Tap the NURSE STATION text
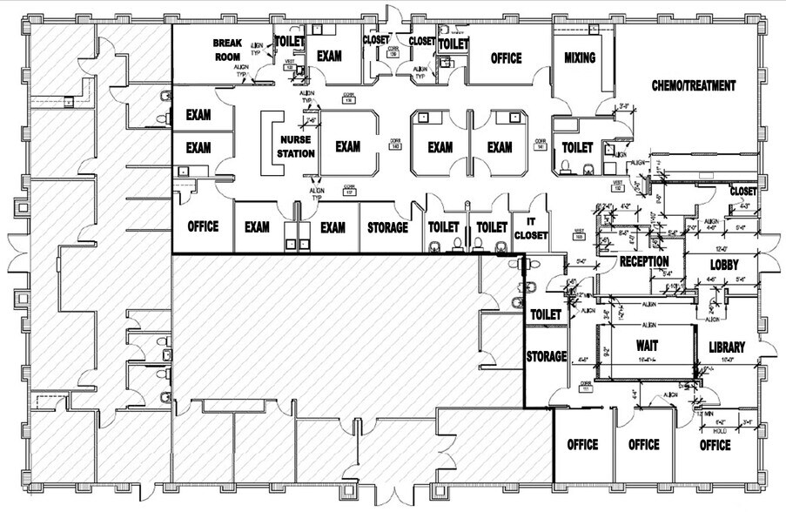click(295, 147)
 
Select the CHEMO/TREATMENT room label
click(694, 86)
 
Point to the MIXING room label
click(579, 58)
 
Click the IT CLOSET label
click(529, 228)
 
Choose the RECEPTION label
click(644, 262)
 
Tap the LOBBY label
click(724, 265)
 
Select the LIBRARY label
click(726, 347)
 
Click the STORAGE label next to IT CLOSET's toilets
click(387, 227)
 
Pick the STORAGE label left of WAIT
click(547, 356)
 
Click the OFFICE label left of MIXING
click(506, 58)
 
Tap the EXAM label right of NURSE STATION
click(347, 147)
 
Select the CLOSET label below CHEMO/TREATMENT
click(742, 191)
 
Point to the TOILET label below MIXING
click(577, 148)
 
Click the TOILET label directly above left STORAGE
click(545, 314)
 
